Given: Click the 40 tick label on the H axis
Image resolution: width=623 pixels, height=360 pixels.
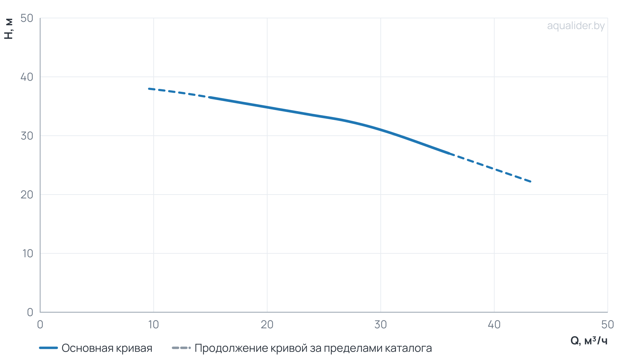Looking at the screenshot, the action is (x=27, y=77).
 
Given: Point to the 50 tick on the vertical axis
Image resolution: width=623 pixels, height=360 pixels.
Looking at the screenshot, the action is (x=27, y=18).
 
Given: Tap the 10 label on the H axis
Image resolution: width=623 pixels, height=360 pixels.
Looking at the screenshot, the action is (x=28, y=253).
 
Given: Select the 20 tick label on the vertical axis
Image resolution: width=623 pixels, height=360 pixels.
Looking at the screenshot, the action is (x=27, y=195).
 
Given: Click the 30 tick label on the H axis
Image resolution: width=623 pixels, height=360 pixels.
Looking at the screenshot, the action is (x=27, y=136).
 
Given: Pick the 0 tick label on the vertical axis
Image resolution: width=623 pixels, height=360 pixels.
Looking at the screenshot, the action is (x=30, y=312).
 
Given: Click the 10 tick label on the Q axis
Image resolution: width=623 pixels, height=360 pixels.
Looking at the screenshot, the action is (x=153, y=324).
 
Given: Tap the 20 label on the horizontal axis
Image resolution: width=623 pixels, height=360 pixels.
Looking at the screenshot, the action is (x=267, y=324).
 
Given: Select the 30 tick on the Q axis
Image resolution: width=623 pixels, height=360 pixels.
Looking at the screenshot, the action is (x=381, y=324).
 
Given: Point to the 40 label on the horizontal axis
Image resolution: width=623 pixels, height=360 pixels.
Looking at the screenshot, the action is (x=494, y=324).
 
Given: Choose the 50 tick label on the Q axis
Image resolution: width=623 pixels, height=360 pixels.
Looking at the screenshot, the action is (x=608, y=324).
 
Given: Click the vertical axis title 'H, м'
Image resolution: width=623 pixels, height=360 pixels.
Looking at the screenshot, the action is (x=9, y=29).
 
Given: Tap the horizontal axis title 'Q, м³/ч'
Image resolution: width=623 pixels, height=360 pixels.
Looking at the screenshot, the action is (x=589, y=341).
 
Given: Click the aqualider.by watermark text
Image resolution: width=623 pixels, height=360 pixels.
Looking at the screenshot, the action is (x=576, y=26).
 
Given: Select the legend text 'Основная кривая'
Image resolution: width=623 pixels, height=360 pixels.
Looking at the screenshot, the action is (x=107, y=348).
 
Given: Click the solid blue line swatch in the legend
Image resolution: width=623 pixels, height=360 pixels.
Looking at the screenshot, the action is (x=48, y=348).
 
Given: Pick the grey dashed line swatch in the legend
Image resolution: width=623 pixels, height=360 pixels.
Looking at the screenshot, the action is (x=181, y=348).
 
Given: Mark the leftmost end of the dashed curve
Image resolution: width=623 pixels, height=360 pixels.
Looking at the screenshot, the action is (x=149, y=89).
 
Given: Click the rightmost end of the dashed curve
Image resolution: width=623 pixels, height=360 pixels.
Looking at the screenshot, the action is (x=531, y=181).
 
